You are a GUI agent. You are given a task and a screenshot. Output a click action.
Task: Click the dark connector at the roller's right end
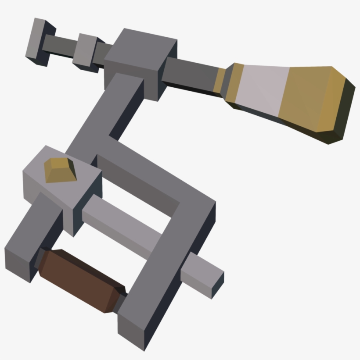(119, 303)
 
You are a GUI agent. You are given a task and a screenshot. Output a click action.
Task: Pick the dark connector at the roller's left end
(40, 259)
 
